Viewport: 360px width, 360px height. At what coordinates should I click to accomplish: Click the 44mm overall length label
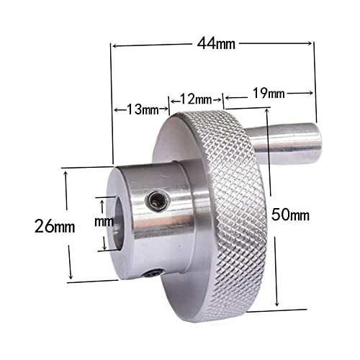(x=216, y=45)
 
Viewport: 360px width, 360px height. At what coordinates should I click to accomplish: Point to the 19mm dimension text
(x=269, y=94)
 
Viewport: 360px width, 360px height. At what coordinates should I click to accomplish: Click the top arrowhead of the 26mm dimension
(x=71, y=171)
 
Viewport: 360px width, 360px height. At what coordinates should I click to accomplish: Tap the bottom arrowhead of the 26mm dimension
(x=71, y=279)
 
